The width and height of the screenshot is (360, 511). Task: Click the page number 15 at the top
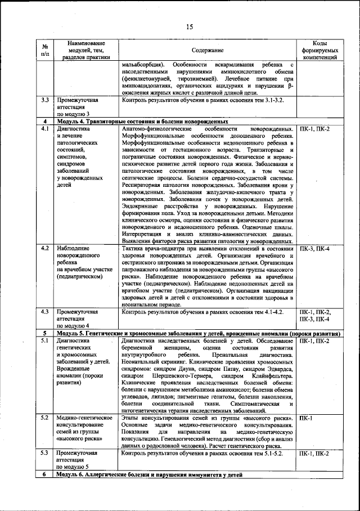click(x=189, y=27)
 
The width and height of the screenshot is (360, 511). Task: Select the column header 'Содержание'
click(x=208, y=50)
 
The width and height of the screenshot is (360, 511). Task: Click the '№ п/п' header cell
click(x=45, y=50)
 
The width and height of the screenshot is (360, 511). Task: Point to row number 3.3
click(x=45, y=100)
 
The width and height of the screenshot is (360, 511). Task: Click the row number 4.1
click(x=45, y=129)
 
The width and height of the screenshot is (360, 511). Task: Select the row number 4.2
click(x=45, y=248)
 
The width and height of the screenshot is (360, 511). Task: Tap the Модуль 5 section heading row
click(x=191, y=333)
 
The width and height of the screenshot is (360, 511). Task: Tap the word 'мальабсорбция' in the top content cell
click(x=143, y=65)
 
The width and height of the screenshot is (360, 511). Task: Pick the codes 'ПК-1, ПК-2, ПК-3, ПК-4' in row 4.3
click(x=315, y=315)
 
